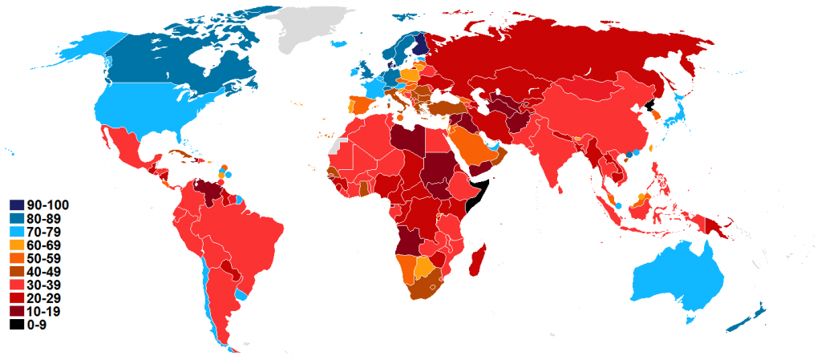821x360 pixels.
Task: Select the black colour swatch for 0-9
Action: pyautogui.click(x=16, y=325)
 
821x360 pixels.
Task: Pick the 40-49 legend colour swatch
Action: pyautogui.click(x=16, y=272)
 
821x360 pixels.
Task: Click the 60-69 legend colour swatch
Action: pyautogui.click(x=16, y=245)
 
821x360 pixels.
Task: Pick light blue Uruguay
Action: pyautogui.click(x=241, y=294)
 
